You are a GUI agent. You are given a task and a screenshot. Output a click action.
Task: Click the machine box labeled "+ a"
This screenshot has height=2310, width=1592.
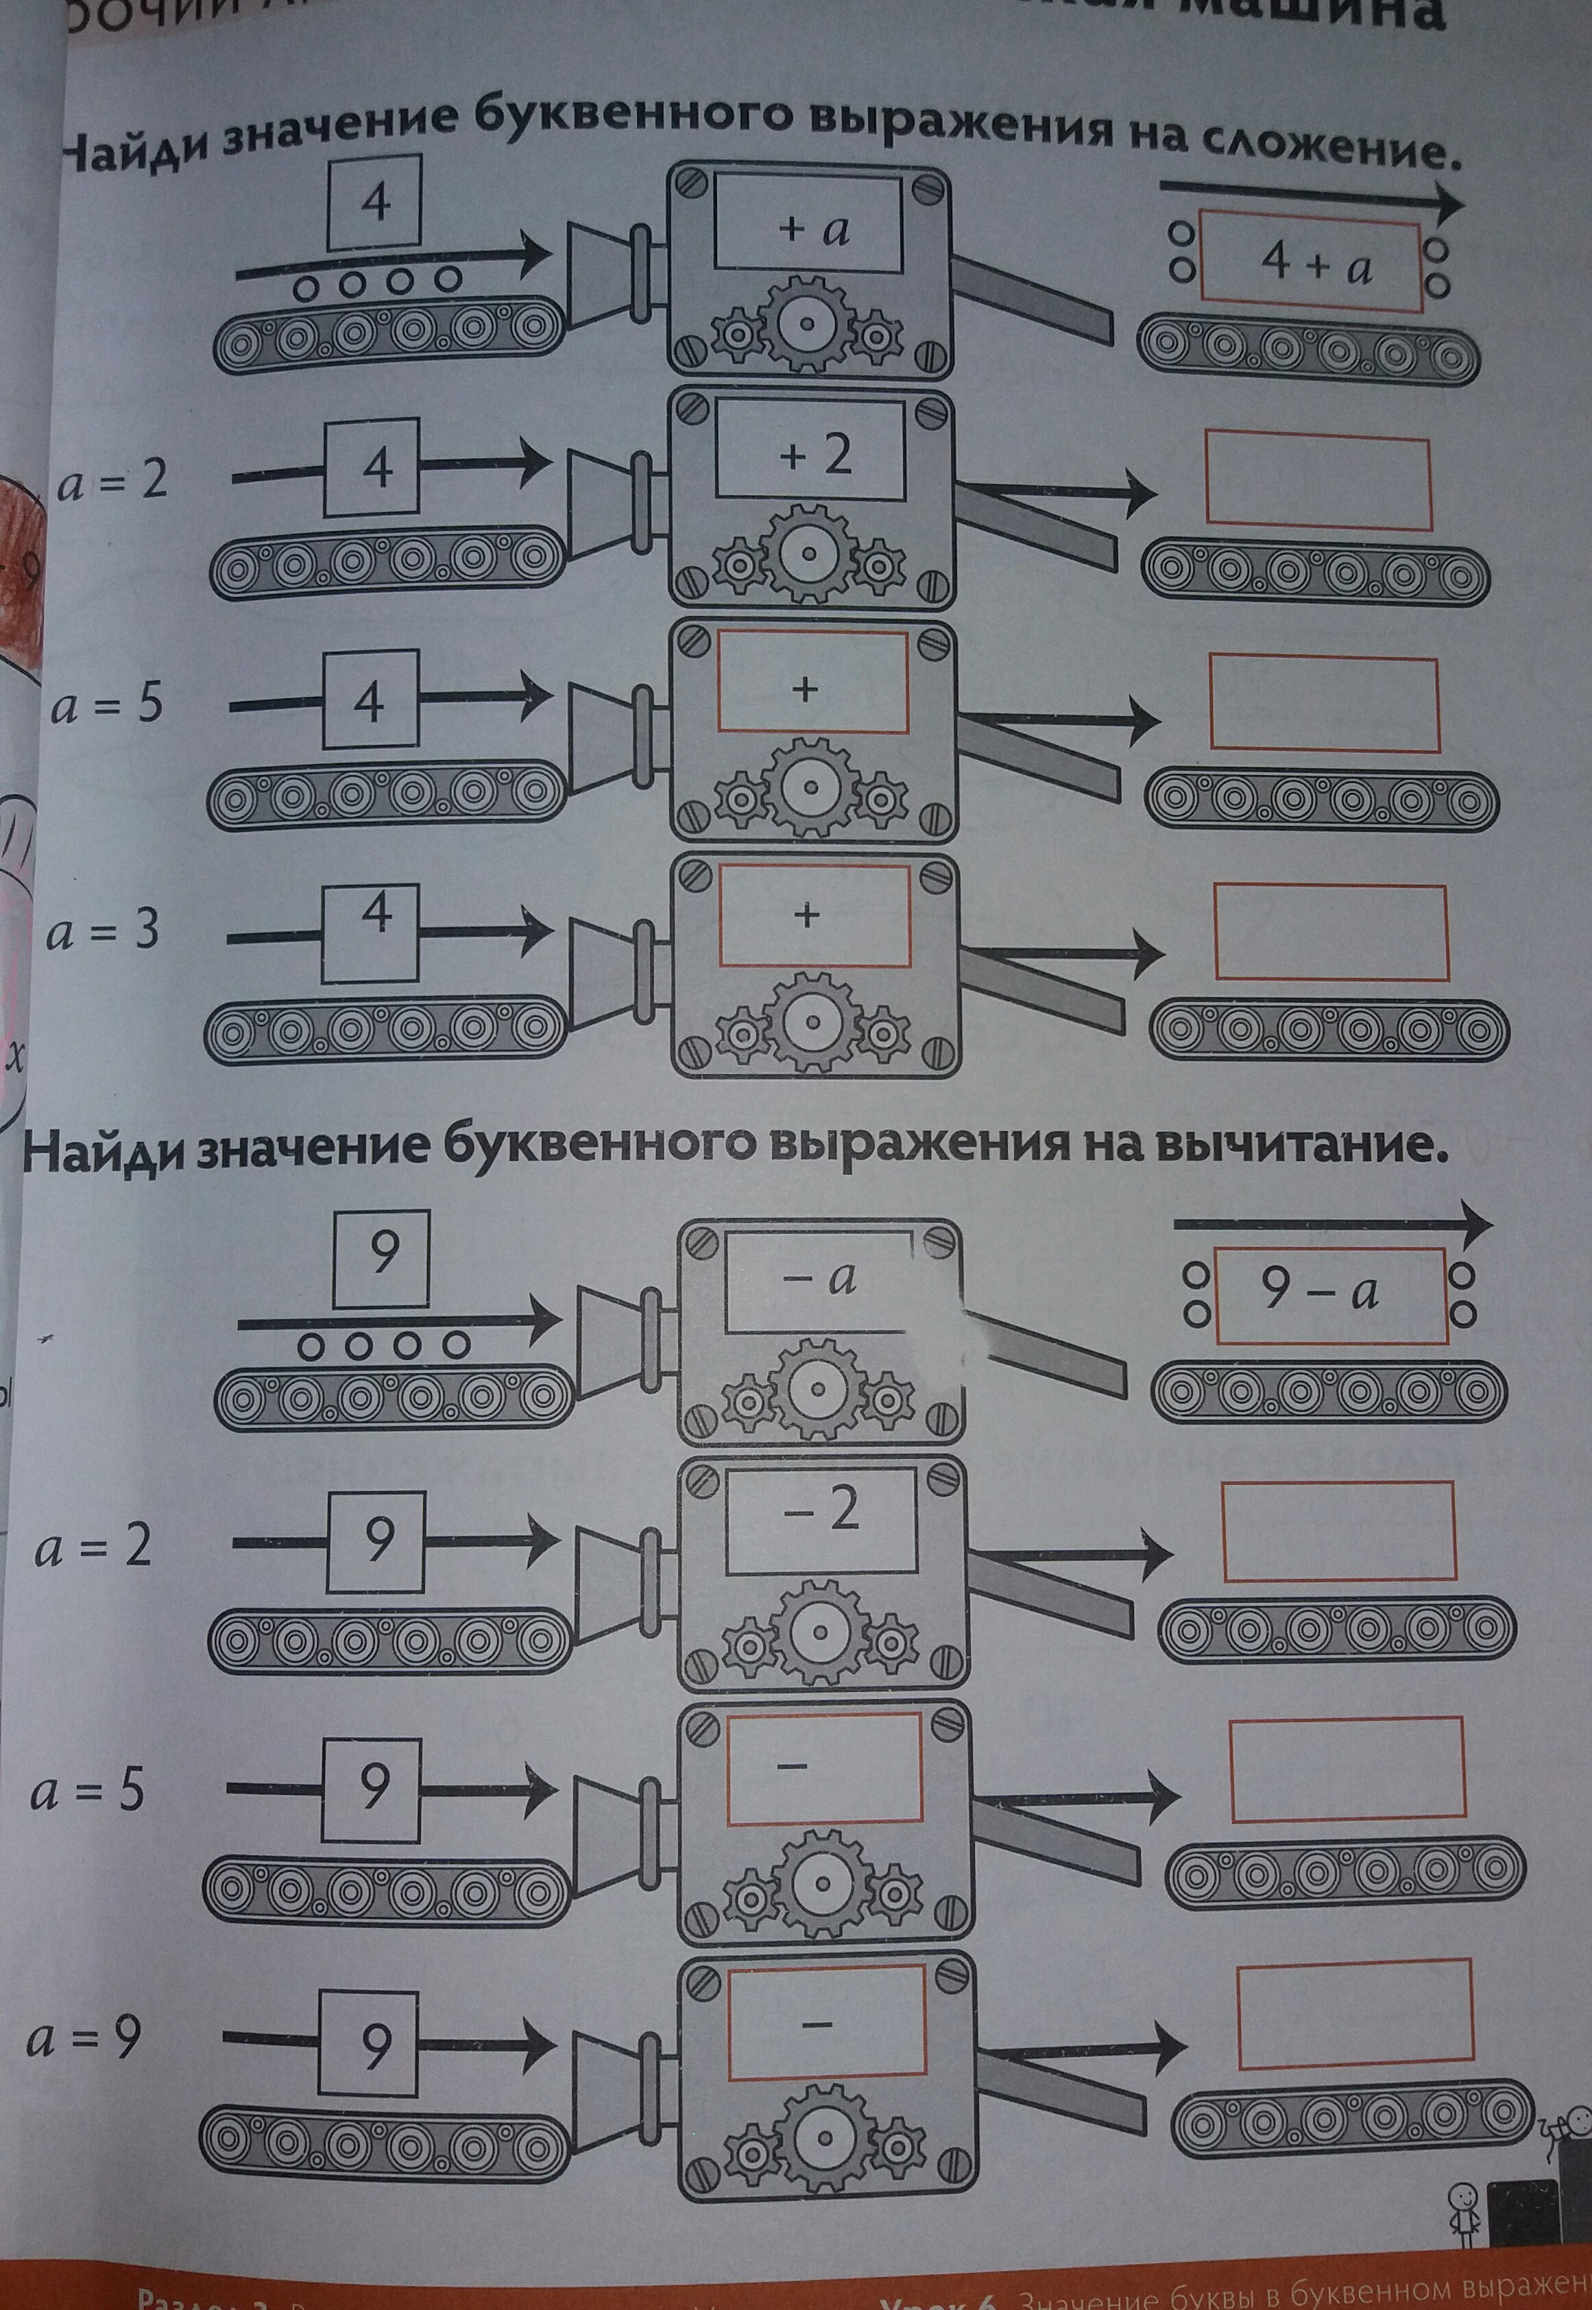click(x=807, y=228)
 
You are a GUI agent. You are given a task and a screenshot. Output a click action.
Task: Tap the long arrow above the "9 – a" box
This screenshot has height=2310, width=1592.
click(x=1331, y=1222)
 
